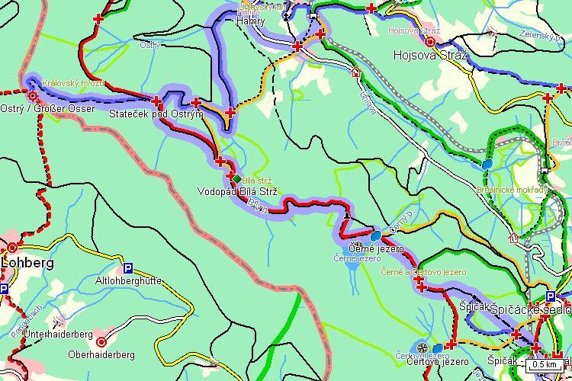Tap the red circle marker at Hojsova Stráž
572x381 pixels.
[430, 43]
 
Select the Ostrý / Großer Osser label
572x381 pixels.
[47, 109]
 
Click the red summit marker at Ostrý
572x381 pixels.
[32, 96]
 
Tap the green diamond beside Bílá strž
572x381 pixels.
[236, 179]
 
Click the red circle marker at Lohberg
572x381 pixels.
[12, 248]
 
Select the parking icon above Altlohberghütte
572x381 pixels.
[128, 268]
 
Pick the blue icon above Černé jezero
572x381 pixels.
[376, 236]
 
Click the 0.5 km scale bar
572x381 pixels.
[545, 365]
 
